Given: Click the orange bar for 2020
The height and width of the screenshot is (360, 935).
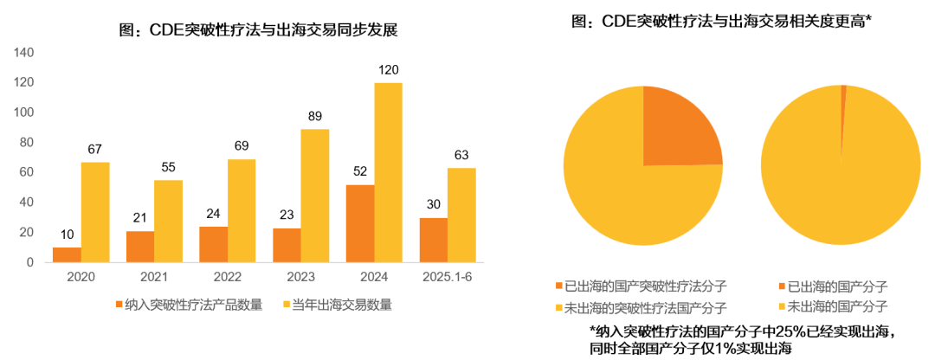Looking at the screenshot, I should click(x=67, y=254).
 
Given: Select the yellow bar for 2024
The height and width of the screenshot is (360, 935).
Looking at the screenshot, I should click(x=388, y=172).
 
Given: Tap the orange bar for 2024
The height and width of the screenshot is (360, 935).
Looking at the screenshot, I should click(x=359, y=223).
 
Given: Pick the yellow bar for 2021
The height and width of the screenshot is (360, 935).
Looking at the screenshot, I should click(x=168, y=221).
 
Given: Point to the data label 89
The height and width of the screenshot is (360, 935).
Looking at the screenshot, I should click(x=314, y=116).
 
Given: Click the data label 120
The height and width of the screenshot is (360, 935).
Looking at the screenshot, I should click(x=388, y=69).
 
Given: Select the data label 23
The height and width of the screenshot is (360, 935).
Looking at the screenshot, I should click(x=286, y=215).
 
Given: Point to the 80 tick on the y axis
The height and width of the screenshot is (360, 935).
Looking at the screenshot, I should click(x=27, y=143).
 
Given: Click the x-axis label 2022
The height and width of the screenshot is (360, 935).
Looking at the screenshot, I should click(x=226, y=278).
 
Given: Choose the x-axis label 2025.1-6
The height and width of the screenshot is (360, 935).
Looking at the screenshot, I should click(x=447, y=278).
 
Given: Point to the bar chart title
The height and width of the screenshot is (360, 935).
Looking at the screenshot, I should click(x=258, y=29).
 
